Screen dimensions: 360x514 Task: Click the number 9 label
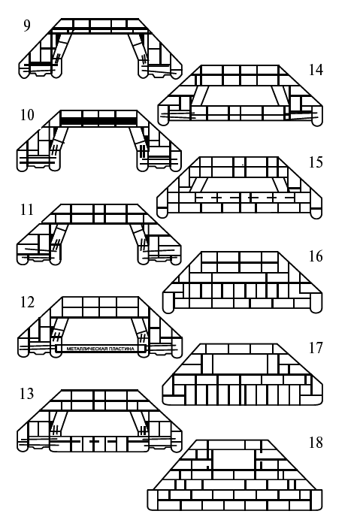[x=27, y=26]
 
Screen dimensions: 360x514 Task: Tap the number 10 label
[x=27, y=115]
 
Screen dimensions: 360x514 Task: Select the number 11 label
[x=27, y=210]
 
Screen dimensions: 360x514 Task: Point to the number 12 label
[x=27, y=302]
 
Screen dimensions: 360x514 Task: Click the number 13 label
[x=27, y=393]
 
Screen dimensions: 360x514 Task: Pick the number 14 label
[x=316, y=70]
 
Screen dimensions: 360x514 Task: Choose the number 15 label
[x=316, y=162]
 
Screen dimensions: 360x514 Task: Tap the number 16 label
[x=316, y=256]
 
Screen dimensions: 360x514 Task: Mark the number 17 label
[x=316, y=348]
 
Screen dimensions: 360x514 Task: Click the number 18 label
[x=316, y=443]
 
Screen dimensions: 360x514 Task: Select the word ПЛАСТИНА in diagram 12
[x=122, y=349]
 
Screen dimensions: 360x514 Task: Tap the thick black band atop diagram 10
[x=98, y=121]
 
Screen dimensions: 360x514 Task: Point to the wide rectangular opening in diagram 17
[x=240, y=364]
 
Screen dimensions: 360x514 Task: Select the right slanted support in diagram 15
[x=280, y=185]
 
